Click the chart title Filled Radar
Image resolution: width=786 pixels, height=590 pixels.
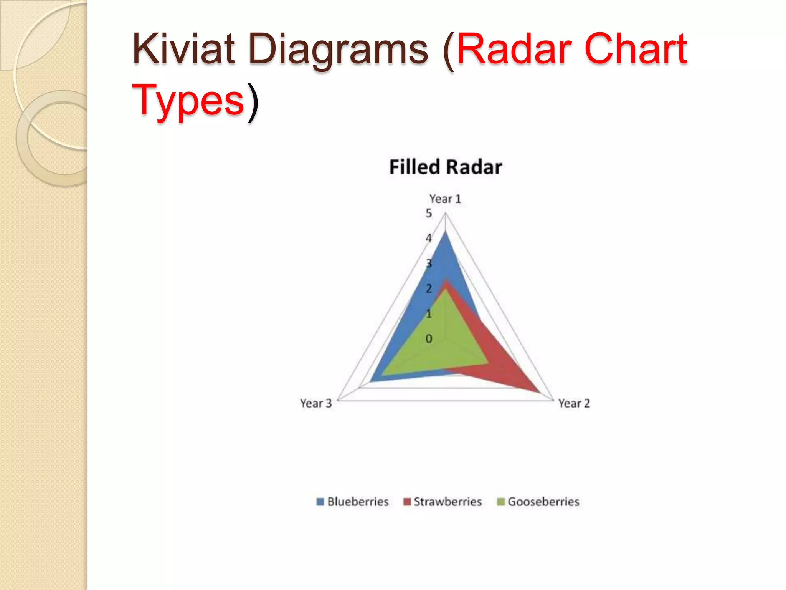tap(445, 167)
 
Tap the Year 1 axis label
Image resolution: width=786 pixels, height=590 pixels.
tap(445, 199)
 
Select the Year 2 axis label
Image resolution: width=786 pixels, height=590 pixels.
tap(574, 403)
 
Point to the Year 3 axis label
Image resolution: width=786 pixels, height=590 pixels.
tap(315, 403)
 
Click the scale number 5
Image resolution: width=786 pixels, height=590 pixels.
tap(429, 213)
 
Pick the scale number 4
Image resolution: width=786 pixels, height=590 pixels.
tap(429, 238)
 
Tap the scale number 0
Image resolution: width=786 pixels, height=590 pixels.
tap(429, 339)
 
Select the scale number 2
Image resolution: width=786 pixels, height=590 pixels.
tap(429, 288)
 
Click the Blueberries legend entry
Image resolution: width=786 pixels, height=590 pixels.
tap(358, 502)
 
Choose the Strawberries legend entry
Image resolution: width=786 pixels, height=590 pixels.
tap(447, 502)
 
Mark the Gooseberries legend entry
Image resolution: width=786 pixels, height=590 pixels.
tap(543, 502)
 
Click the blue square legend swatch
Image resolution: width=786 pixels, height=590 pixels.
tap(320, 502)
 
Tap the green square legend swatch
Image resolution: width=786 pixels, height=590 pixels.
tap(501, 502)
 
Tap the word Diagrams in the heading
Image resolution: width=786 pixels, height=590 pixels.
tap(338, 50)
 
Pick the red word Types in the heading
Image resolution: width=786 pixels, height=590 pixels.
tap(188, 101)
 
